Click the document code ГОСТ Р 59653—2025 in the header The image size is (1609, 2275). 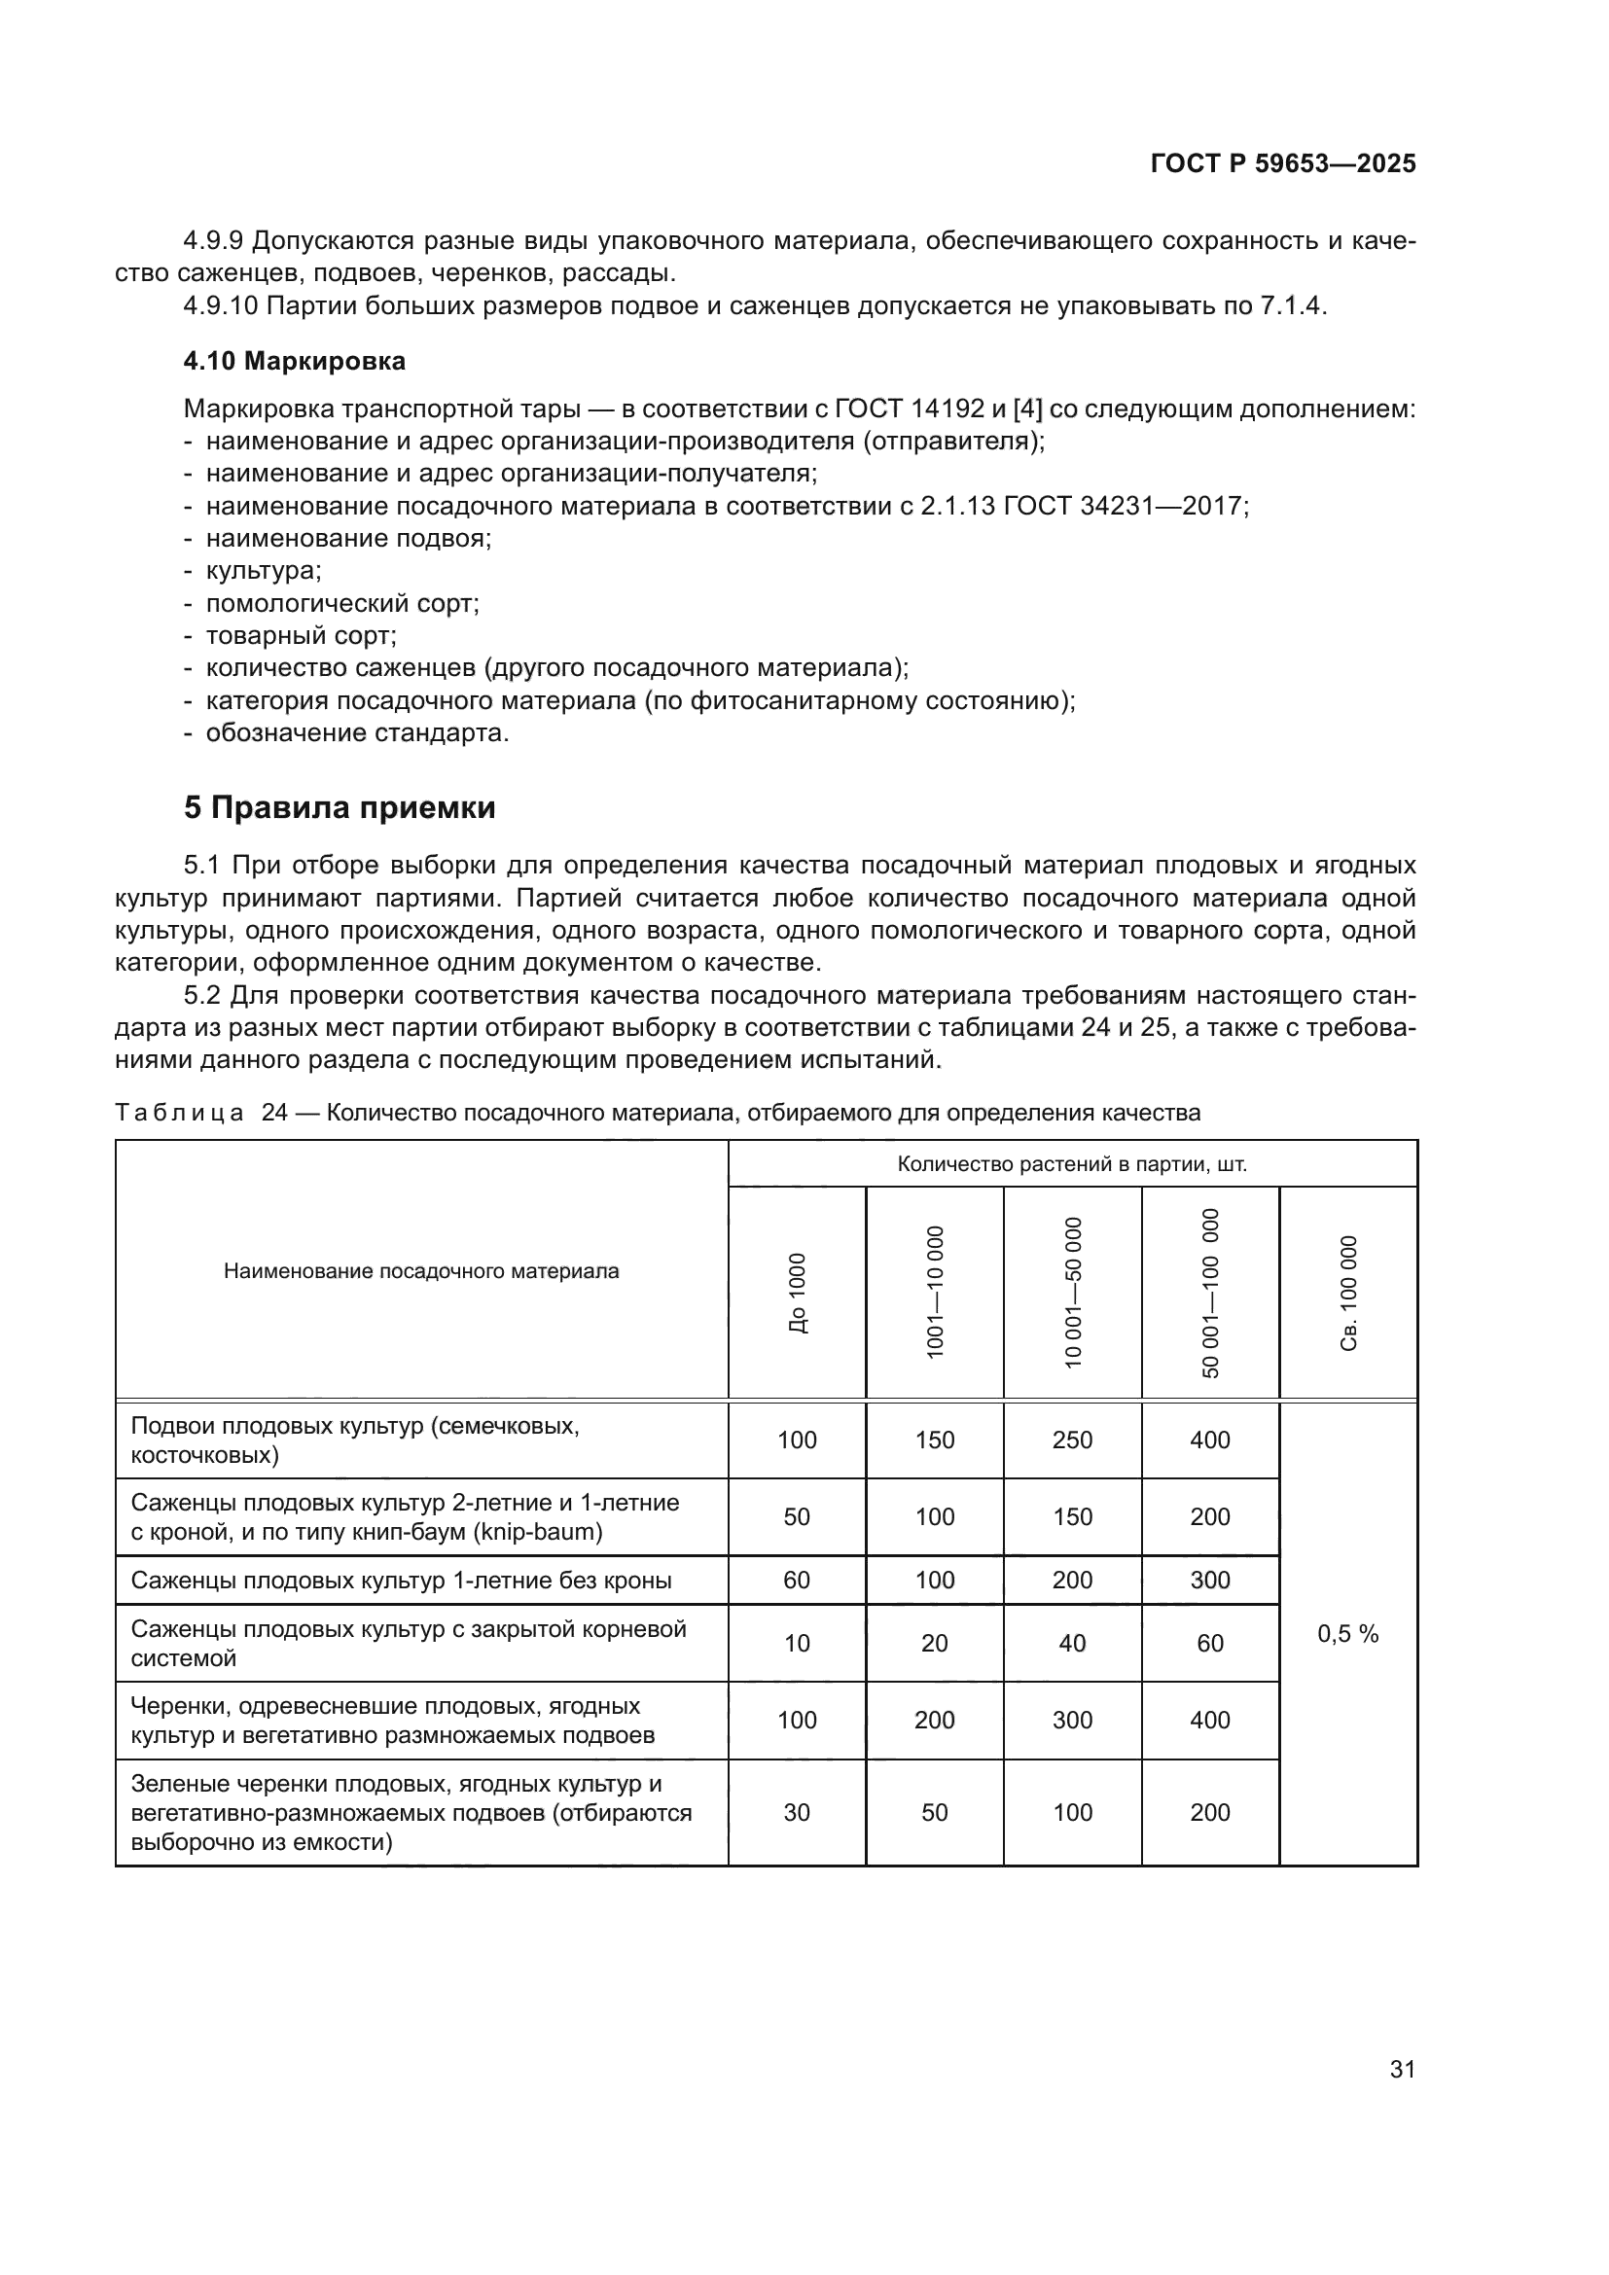1282,164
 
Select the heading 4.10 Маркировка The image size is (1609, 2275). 294,362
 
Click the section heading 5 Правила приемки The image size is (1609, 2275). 339,808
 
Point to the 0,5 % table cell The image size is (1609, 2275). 1347,1635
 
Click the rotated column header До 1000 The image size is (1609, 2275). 798,1293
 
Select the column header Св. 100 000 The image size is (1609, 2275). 1348,1293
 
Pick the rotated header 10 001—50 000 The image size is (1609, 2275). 1073,1293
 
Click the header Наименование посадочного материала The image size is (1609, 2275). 421,1271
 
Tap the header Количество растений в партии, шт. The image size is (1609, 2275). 1072,1164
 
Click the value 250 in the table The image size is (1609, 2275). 1072,1440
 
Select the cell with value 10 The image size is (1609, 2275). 797,1643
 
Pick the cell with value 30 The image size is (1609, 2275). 797,1812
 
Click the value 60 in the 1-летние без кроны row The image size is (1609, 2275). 797,1580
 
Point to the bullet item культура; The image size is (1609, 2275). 263,572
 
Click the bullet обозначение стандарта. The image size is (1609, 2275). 357,733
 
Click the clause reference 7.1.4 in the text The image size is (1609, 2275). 1290,305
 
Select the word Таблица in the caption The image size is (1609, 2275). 179,1113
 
